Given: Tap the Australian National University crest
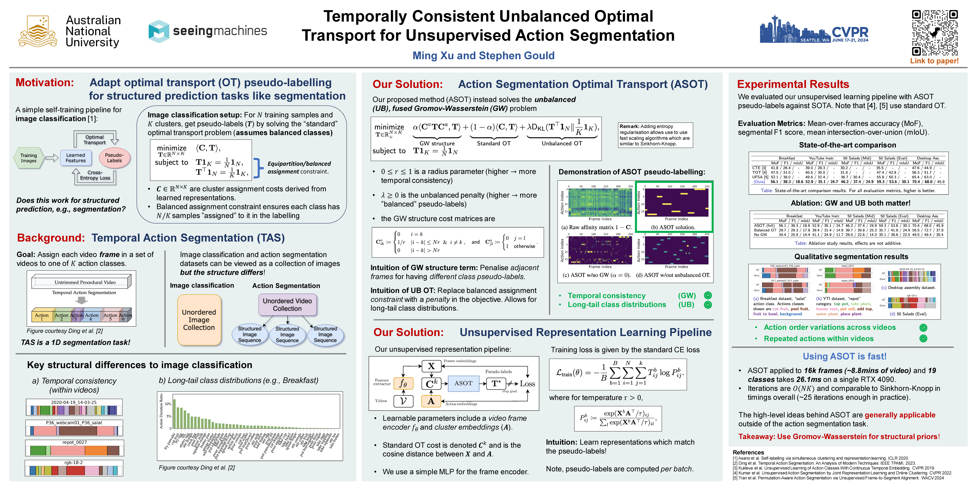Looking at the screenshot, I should [38, 31].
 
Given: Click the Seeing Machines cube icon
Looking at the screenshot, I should [159, 31].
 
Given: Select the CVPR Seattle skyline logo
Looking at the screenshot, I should [813, 30].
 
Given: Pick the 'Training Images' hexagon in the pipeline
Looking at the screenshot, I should [29, 158].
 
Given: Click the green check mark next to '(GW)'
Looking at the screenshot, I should [708, 295].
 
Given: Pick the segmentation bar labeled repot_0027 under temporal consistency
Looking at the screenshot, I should [74, 450].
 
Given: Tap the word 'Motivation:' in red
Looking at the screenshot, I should [45, 83].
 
